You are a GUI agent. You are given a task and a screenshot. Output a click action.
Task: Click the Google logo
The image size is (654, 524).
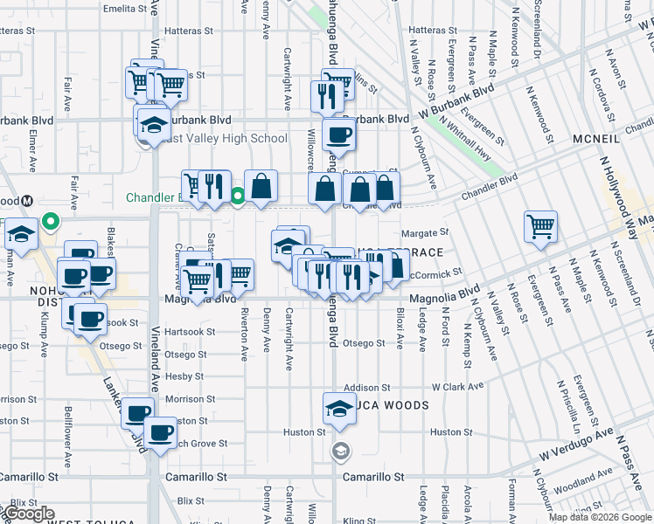tap(29, 514)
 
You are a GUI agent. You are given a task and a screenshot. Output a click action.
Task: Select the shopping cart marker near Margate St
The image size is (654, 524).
tap(541, 226)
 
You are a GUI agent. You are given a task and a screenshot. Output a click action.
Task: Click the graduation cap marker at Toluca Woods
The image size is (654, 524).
tap(339, 408)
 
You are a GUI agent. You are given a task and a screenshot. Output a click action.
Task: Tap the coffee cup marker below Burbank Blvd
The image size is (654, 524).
tap(338, 134)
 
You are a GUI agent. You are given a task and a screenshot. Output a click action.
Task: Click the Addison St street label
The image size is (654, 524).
tap(366, 387)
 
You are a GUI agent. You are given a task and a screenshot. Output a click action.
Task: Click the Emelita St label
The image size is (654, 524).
tap(125, 8)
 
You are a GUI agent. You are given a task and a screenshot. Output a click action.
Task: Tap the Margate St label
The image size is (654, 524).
tap(424, 233)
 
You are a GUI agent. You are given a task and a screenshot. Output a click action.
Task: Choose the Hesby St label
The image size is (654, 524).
tap(184, 376)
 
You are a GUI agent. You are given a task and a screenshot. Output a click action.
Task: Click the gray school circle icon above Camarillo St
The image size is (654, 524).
tap(340, 452)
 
